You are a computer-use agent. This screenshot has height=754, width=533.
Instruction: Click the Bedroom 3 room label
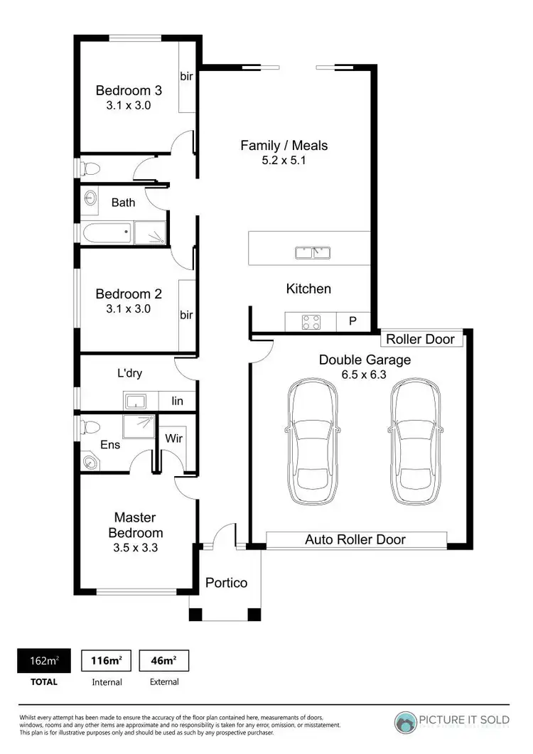tap(129, 90)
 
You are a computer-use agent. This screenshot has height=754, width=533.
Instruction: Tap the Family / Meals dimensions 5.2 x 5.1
tap(284, 161)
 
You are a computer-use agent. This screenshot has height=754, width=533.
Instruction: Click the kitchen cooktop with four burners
tap(311, 322)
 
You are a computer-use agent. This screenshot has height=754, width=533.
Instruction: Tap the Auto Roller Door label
tap(355, 539)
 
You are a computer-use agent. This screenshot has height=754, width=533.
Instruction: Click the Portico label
tap(226, 583)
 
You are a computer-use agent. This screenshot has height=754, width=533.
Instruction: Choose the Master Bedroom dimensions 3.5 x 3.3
tap(135, 548)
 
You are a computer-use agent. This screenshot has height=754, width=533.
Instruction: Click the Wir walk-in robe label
tap(173, 438)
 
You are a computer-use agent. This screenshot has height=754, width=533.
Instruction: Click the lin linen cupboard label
tap(177, 402)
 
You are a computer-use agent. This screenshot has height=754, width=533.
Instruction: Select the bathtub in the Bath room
tap(106, 232)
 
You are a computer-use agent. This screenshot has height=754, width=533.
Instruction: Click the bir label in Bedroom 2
tap(186, 315)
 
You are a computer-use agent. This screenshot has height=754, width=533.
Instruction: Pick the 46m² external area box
tap(163, 661)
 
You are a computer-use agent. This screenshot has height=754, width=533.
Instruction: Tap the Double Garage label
tap(364, 360)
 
